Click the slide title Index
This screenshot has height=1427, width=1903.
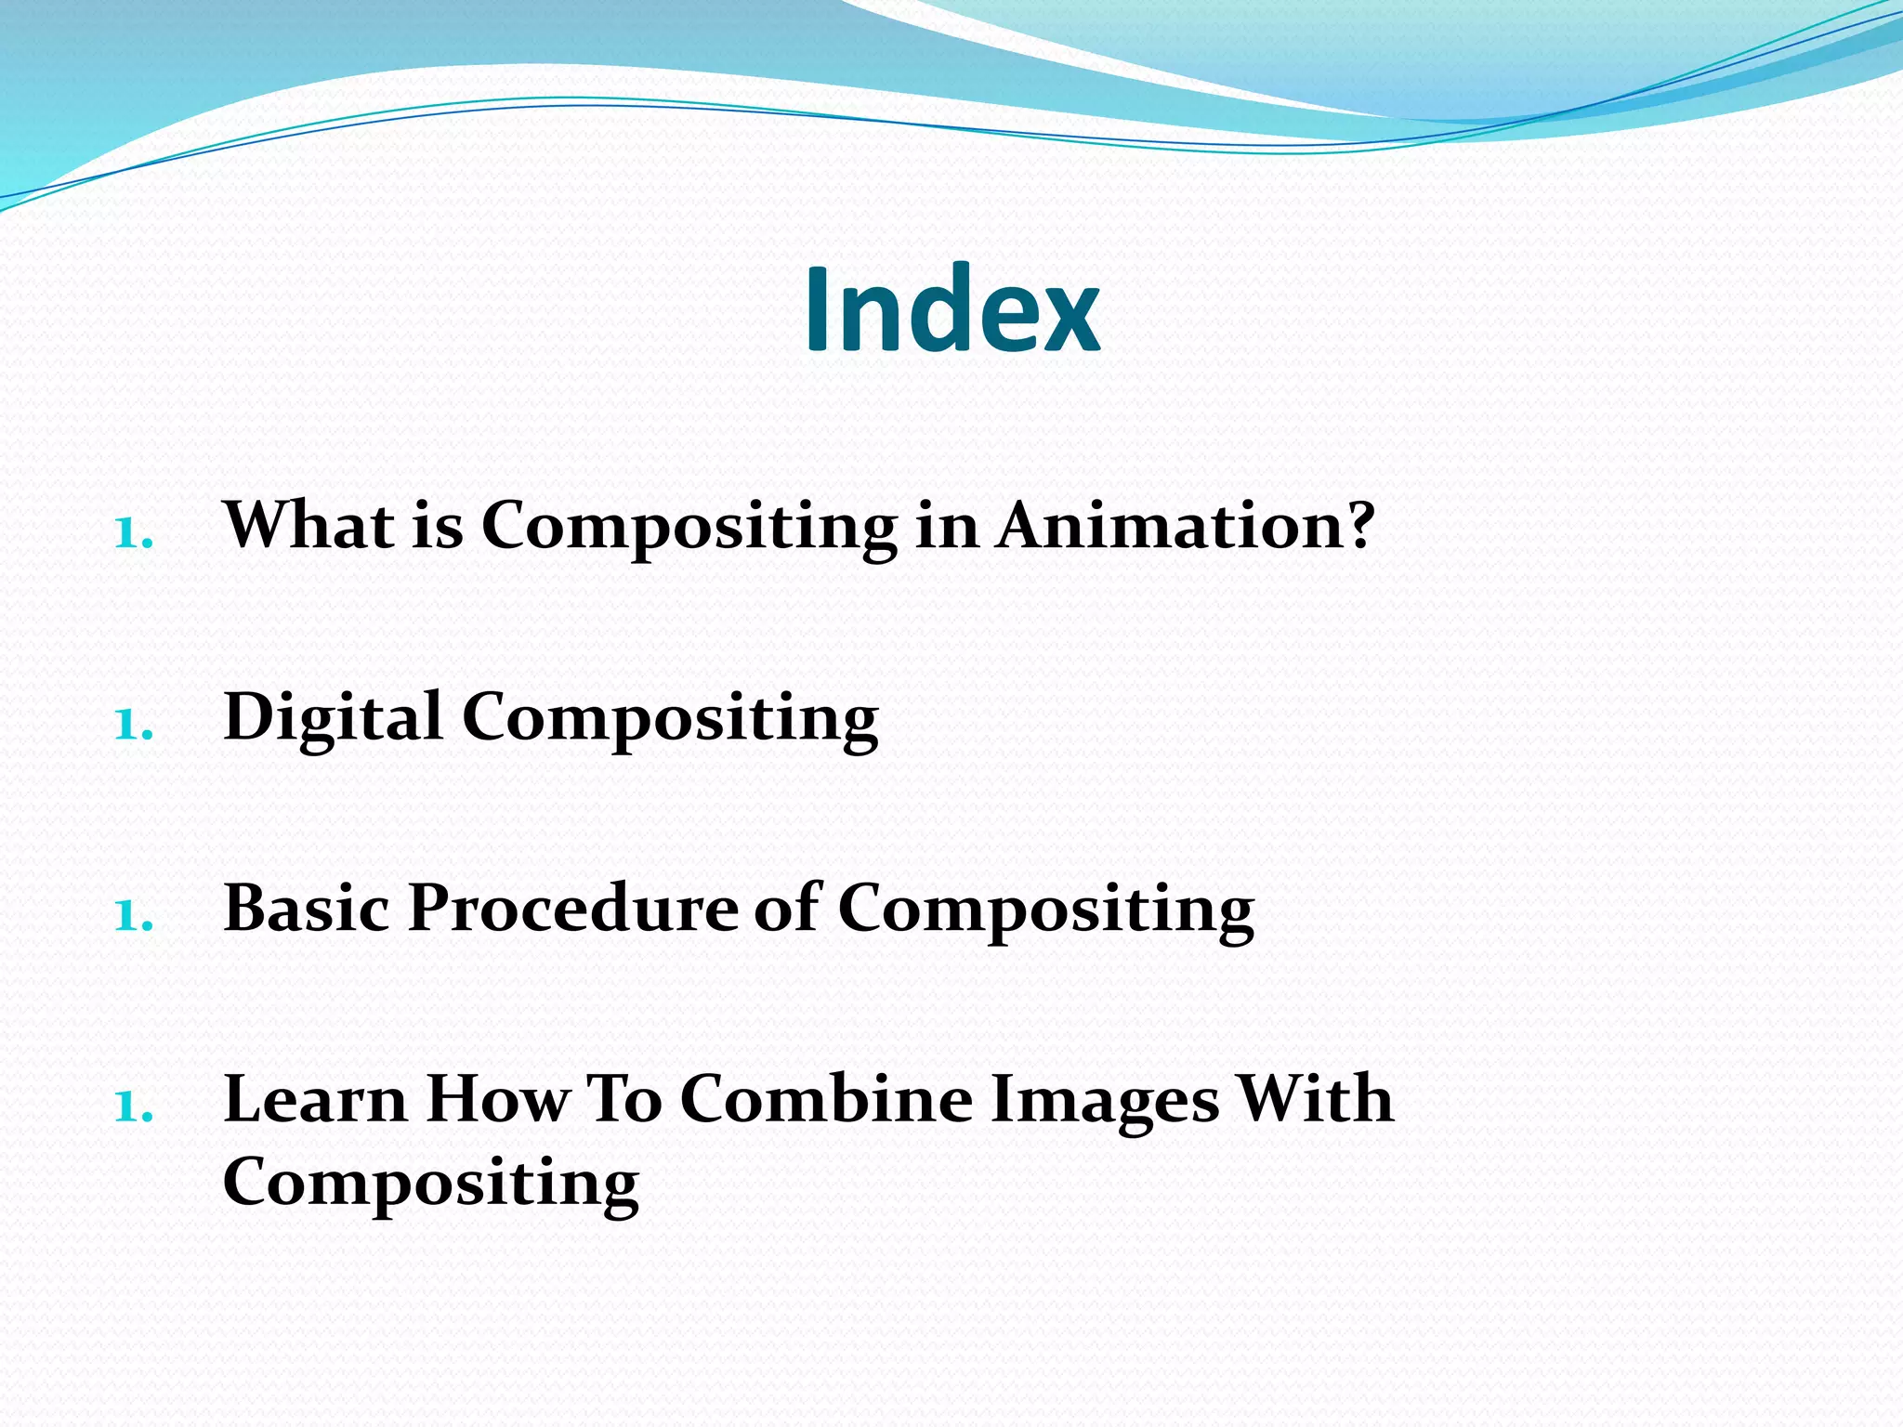(951, 309)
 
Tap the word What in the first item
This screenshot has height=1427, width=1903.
(308, 526)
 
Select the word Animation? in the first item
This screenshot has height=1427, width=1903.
(1185, 526)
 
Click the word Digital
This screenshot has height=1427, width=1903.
(333, 717)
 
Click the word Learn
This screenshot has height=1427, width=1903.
(315, 1099)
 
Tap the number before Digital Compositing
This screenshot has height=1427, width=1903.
(133, 726)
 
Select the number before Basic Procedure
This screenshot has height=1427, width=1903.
(133, 917)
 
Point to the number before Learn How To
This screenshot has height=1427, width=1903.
(133, 1107)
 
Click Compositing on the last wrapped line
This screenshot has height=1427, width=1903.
(431, 1183)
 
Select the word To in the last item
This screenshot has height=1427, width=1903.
(624, 1099)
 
